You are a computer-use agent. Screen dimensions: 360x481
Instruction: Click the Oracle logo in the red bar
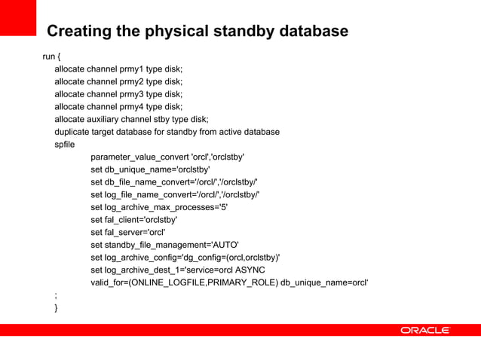click(425, 330)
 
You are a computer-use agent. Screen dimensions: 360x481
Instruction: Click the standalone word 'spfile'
click(65, 145)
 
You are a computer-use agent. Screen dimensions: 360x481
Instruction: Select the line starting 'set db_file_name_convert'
click(174, 182)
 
